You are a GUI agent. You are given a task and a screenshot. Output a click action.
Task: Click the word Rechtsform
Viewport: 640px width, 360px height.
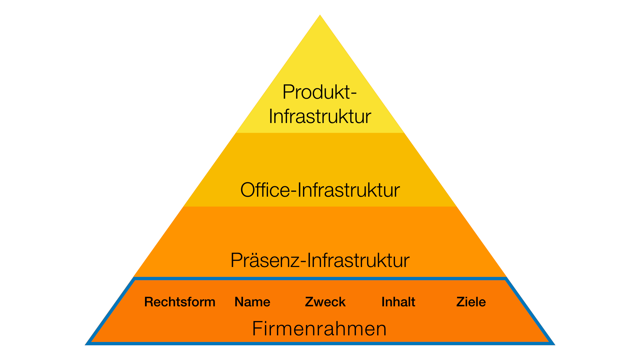[x=180, y=302]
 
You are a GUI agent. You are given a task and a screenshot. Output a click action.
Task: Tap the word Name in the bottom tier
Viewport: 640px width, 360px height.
[x=252, y=302]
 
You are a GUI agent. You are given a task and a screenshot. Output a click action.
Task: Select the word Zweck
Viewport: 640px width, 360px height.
[x=325, y=302]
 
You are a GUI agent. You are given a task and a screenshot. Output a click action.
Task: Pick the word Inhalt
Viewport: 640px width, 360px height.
[x=398, y=302]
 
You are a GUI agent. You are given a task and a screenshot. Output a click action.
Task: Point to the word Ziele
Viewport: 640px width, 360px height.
[x=471, y=302]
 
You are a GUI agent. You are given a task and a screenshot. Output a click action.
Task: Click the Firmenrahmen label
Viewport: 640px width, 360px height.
[x=319, y=329]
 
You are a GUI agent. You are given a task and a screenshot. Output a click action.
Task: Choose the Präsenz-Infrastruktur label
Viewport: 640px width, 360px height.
[x=320, y=260]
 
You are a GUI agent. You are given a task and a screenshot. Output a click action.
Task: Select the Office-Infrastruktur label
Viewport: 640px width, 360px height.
[x=320, y=190]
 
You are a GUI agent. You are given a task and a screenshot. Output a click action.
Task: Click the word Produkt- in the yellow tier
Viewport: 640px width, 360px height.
[x=320, y=92]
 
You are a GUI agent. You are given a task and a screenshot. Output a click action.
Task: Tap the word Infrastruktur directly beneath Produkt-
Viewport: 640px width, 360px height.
[x=320, y=116]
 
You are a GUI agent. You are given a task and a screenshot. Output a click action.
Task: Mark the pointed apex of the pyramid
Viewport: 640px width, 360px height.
[x=320, y=15]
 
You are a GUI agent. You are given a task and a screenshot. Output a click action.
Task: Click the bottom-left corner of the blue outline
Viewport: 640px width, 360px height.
[x=86, y=344]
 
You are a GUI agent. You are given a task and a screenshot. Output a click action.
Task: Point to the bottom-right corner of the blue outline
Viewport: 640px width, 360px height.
[x=554, y=344]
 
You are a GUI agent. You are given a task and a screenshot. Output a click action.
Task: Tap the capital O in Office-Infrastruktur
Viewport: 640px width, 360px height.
[x=248, y=190]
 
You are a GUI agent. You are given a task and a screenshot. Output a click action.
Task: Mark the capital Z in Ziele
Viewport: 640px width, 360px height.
[x=461, y=302]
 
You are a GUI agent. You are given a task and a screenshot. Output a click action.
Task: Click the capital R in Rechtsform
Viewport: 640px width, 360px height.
[x=149, y=302]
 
